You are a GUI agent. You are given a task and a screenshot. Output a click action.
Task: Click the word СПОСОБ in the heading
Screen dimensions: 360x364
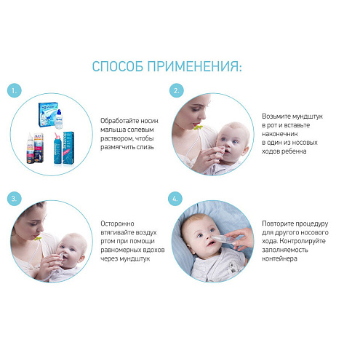point(118,66)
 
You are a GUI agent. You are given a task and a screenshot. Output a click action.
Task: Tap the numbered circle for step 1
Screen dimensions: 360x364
point(15,91)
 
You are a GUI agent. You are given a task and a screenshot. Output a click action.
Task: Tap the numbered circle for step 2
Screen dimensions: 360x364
point(176,91)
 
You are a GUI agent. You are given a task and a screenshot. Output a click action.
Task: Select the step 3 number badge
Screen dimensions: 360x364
point(15,199)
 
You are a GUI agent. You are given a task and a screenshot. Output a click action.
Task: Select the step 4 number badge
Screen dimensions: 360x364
point(175,199)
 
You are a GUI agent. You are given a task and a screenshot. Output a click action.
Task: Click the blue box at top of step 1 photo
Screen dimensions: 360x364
point(48,114)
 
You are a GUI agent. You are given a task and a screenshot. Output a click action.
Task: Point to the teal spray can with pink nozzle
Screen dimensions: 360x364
point(57,148)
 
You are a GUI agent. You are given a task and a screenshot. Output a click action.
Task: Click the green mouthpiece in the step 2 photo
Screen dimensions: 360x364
point(198,127)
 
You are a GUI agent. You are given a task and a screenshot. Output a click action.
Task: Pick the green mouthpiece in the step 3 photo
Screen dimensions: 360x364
point(38,238)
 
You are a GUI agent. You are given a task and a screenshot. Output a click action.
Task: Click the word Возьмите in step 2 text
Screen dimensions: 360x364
point(276,116)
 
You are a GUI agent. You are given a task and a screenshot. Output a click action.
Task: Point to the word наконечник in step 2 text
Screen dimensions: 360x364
point(280,134)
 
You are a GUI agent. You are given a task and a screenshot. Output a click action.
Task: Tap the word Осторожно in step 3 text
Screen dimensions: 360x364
point(117,223)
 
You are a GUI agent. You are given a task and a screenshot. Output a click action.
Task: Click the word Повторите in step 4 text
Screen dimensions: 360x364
point(277,223)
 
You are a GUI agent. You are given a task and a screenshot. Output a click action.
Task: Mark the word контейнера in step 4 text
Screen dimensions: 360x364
point(279,258)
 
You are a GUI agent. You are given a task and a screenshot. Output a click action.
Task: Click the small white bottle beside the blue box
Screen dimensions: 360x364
point(59,119)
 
